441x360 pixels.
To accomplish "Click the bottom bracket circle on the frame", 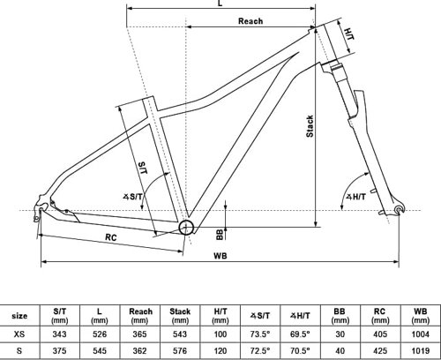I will [186, 228].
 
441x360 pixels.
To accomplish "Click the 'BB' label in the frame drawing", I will [219, 233].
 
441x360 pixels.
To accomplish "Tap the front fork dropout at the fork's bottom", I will [401, 208].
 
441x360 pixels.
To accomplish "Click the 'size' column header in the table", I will [19, 314].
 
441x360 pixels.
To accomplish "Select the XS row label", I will [19, 334].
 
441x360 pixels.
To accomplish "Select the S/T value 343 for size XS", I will [59, 334].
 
